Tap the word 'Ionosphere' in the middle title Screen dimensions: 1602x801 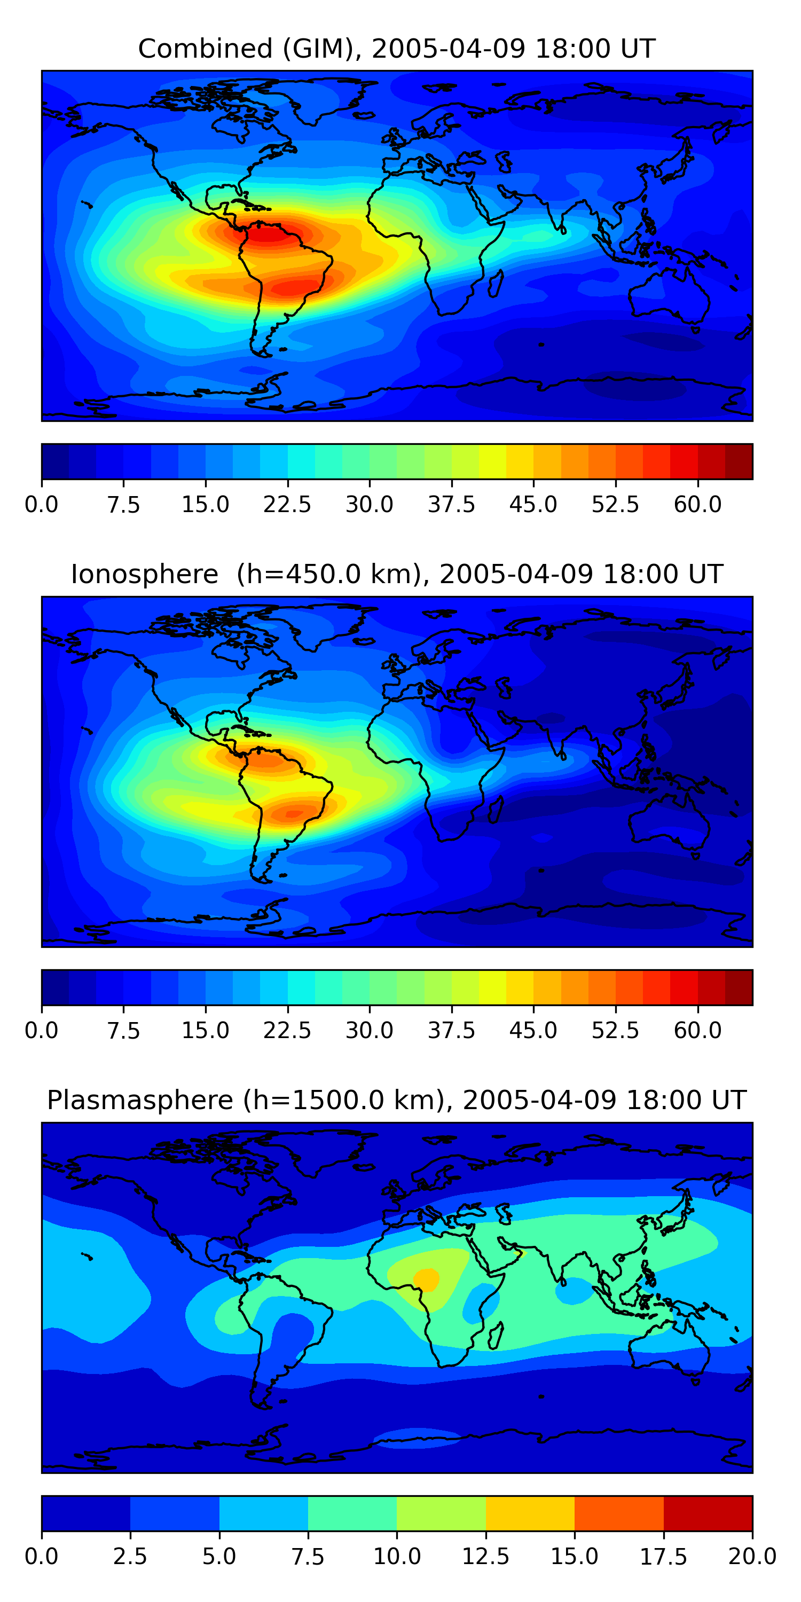144,574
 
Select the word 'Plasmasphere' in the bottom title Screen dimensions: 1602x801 140,1100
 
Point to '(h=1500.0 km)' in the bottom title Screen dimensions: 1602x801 344,1100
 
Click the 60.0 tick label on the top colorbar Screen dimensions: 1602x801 697,504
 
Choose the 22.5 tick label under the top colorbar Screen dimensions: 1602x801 287,504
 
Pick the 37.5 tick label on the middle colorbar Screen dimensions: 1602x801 451,1031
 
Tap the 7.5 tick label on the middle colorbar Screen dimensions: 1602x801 123,1031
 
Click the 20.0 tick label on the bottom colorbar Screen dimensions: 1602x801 752,1557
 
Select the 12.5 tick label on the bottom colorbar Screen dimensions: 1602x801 485,1557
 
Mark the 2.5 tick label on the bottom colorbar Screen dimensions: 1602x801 130,1557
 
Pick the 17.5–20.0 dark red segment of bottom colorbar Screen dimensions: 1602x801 708,1513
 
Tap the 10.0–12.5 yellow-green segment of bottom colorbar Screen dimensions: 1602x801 441,1513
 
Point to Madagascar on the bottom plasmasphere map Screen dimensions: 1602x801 496,1336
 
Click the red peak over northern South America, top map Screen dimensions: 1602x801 268,234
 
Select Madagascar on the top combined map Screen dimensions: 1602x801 496,283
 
